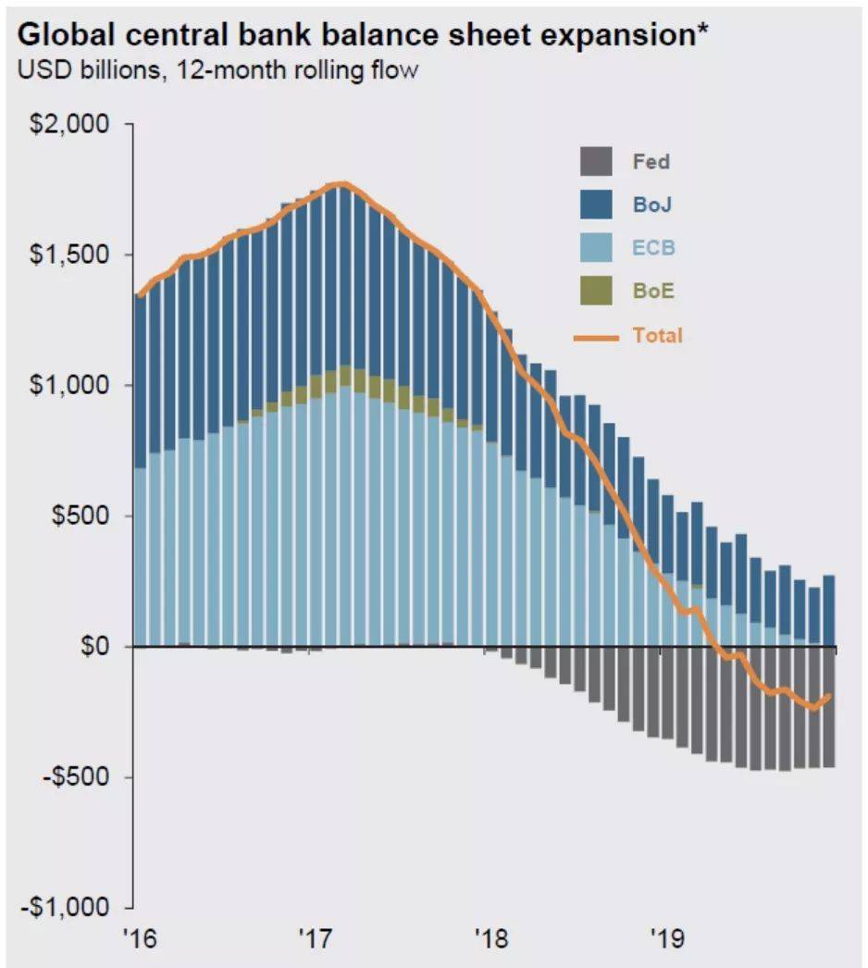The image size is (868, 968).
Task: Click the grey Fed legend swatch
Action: (597, 161)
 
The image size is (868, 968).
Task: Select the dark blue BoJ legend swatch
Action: (597, 205)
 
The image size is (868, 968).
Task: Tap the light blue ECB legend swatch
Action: (597, 248)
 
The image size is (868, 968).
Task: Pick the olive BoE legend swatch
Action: (597, 292)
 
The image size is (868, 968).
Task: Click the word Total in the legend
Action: (657, 335)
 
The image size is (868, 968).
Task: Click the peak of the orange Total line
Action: (341, 183)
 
